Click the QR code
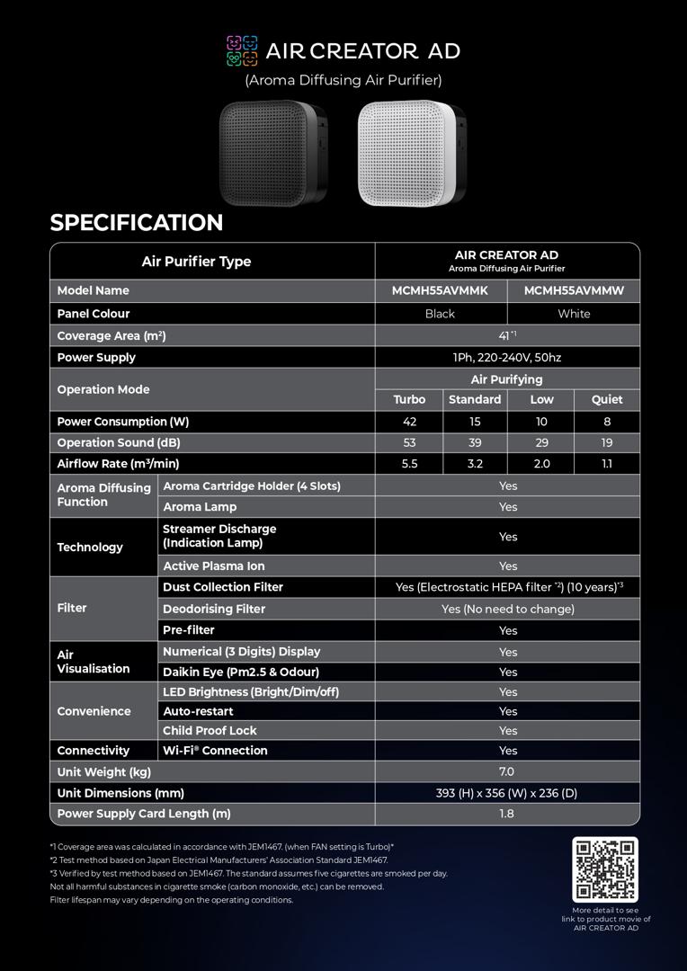coord(605,869)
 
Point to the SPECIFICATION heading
coord(137,222)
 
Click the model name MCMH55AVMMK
coord(440,290)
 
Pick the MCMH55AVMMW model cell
coord(574,290)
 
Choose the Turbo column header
coord(409,399)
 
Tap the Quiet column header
coord(607,399)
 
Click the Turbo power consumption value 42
coord(409,422)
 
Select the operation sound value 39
coord(475,442)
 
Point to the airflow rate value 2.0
coord(541,464)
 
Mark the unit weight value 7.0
coord(507,771)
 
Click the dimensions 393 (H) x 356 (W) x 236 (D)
coord(507,793)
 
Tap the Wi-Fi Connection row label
coord(215,751)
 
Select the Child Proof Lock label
coord(210,731)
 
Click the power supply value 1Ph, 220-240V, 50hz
coord(507,357)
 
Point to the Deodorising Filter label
coord(214,609)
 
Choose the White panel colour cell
coord(574,314)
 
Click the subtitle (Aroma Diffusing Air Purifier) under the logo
coord(343,80)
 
